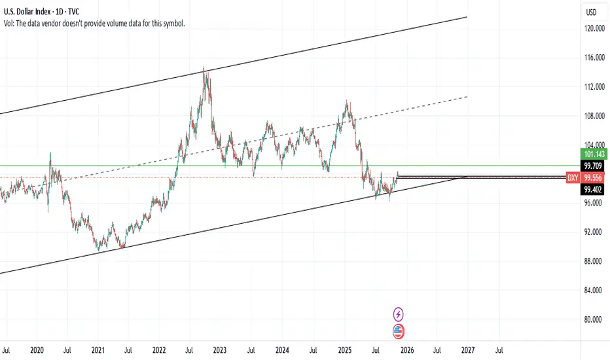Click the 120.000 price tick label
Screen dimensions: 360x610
594,29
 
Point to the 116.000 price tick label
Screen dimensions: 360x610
594,58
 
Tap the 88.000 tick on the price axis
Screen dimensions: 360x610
594,261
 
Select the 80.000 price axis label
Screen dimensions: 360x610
594,319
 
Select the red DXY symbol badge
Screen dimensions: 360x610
571,177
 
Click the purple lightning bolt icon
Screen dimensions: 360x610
398,314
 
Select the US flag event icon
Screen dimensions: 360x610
398,331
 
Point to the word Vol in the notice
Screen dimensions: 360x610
10,23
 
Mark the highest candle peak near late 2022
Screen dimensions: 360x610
204,67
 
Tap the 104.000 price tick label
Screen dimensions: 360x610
594,145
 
